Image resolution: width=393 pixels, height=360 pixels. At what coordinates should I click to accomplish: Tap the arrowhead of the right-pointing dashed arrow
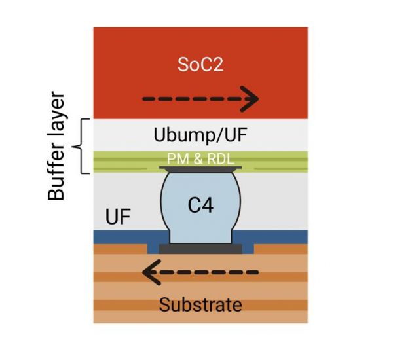[251, 100]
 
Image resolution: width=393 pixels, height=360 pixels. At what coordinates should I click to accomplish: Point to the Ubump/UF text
[200, 135]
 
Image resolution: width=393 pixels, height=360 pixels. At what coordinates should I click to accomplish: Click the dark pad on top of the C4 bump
[200, 170]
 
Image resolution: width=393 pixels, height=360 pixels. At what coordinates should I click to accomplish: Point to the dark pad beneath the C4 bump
[200, 249]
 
